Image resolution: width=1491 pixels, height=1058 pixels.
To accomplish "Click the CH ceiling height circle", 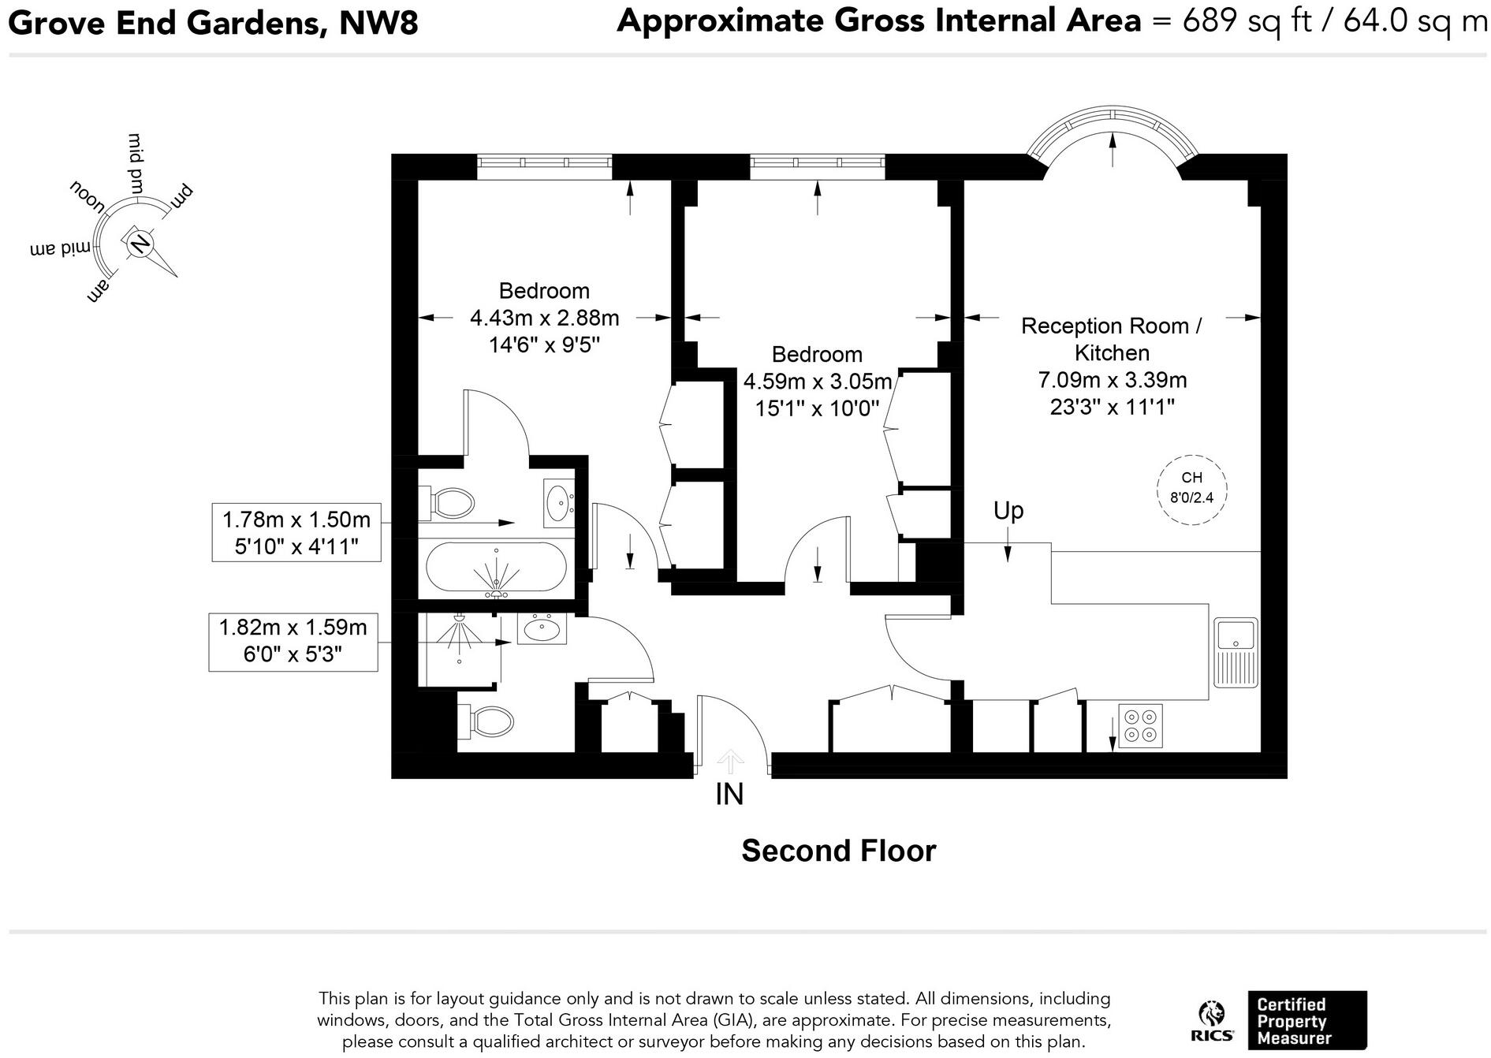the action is pyautogui.click(x=1191, y=489).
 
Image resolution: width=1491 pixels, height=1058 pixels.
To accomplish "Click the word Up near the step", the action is pyautogui.click(x=1008, y=512).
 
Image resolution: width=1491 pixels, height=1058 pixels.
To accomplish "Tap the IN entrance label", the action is pyautogui.click(x=729, y=795).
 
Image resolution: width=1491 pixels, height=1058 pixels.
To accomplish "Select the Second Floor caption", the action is pyautogui.click(x=838, y=851).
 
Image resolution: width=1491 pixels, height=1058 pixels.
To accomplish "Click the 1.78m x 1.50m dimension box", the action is pyautogui.click(x=296, y=532).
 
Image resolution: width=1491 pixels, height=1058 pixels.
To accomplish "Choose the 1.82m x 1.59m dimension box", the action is pyautogui.click(x=293, y=642).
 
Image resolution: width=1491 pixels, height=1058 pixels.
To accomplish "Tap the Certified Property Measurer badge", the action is pyautogui.click(x=1307, y=1020).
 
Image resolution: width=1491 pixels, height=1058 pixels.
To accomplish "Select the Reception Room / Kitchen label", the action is pyautogui.click(x=1112, y=339).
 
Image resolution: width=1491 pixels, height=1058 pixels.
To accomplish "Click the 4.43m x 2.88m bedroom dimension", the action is pyautogui.click(x=545, y=318).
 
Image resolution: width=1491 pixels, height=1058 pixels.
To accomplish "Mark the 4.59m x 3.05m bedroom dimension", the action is pyautogui.click(x=818, y=382).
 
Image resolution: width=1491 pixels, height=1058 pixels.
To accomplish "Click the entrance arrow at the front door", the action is pyautogui.click(x=731, y=761).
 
